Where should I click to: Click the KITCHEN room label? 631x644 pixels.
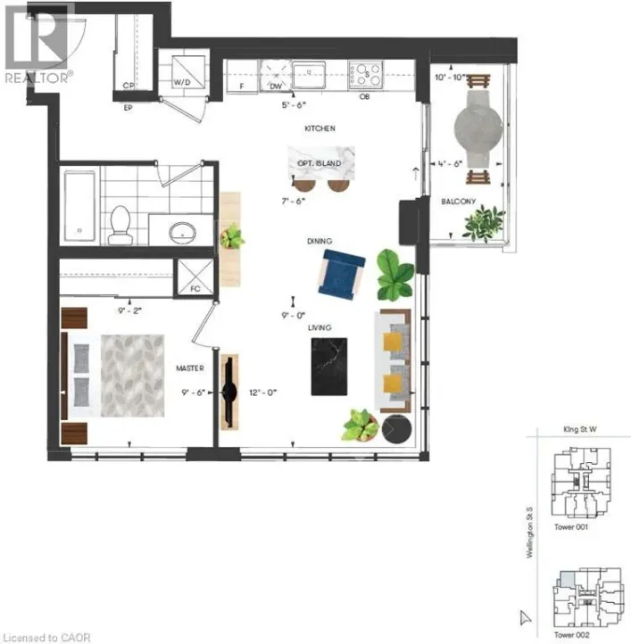pos(320,129)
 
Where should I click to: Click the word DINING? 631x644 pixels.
pos(320,241)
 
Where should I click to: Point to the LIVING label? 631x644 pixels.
pos(320,327)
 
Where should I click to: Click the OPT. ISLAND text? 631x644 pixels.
pos(320,163)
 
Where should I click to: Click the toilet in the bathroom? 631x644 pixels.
pos(120,225)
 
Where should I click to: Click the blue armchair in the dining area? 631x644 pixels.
pos(341,272)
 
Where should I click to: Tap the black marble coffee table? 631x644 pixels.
pos(328,366)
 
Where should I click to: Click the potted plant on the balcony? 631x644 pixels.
pos(483,222)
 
